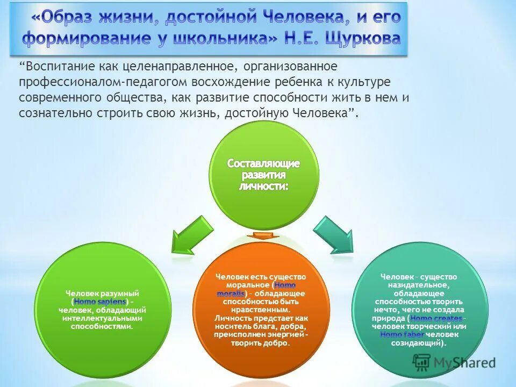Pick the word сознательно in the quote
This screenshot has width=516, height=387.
[54, 114]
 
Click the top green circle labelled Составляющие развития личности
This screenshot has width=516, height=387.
[263, 175]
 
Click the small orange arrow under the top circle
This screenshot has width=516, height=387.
[263, 236]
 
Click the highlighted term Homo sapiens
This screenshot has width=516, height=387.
[99, 302]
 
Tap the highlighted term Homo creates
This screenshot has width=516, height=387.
[436, 318]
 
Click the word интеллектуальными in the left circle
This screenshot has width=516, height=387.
[102, 318]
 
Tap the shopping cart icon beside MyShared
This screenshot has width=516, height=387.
[422, 362]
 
